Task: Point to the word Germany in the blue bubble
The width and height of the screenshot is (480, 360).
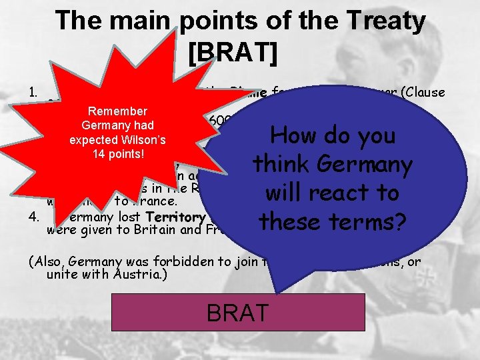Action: [377, 164]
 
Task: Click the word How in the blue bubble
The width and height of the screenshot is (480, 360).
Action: [294, 136]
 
